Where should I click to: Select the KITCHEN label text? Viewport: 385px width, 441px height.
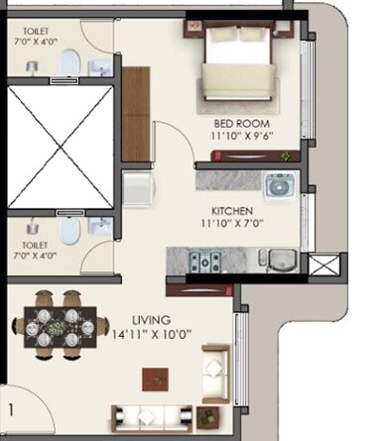(x=232, y=212)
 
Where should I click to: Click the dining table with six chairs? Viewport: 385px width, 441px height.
(x=59, y=320)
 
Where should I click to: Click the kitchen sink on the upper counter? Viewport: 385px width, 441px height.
(x=277, y=184)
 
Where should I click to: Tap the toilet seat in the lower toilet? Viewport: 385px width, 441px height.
(x=68, y=231)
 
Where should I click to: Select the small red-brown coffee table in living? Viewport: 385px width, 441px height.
(x=154, y=378)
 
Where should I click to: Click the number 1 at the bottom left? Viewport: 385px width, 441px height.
(x=12, y=408)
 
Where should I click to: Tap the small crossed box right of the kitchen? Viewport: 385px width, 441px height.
(x=323, y=267)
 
